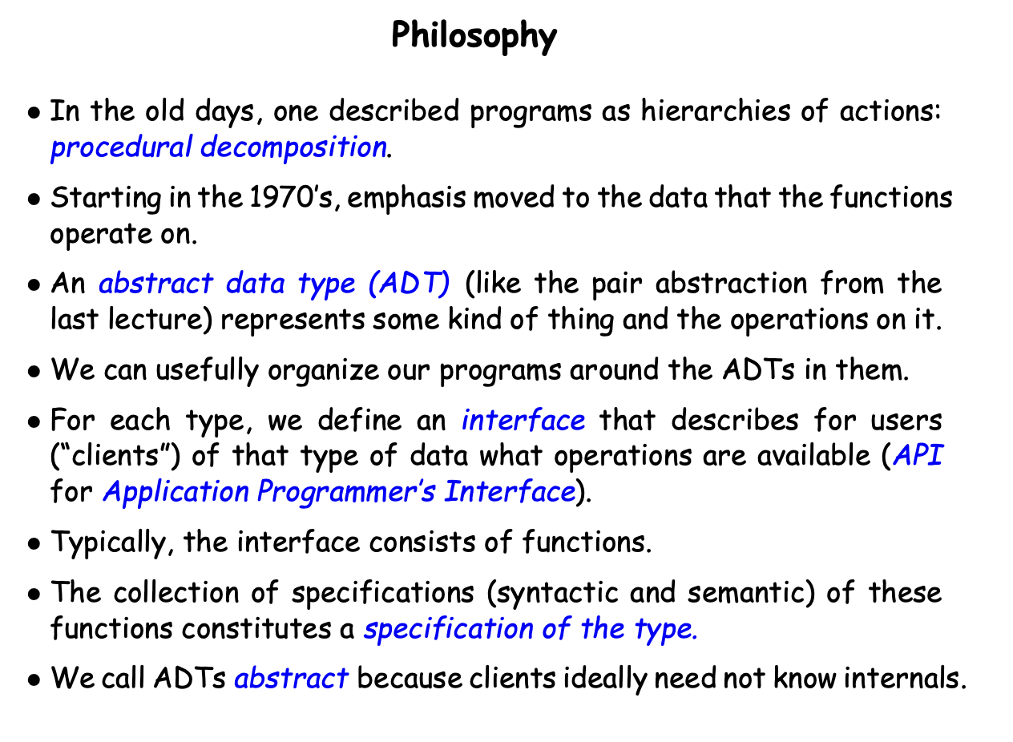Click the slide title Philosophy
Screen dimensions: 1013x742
(x=474, y=36)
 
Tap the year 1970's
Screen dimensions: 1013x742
(x=291, y=198)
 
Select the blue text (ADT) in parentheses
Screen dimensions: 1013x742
(x=410, y=284)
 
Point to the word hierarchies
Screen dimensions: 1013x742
(x=716, y=111)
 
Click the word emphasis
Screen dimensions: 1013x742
(x=406, y=199)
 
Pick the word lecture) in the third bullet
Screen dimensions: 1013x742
(x=160, y=319)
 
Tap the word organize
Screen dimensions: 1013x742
(x=323, y=370)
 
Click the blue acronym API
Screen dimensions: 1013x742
(x=918, y=455)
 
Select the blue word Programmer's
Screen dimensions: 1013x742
(x=346, y=491)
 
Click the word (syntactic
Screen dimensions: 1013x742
(x=553, y=593)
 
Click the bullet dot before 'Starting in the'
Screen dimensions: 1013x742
(x=34, y=199)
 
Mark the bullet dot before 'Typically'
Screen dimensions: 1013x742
(x=34, y=544)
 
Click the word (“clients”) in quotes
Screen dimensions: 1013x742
(x=115, y=456)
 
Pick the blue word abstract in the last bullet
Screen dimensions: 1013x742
(x=291, y=678)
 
